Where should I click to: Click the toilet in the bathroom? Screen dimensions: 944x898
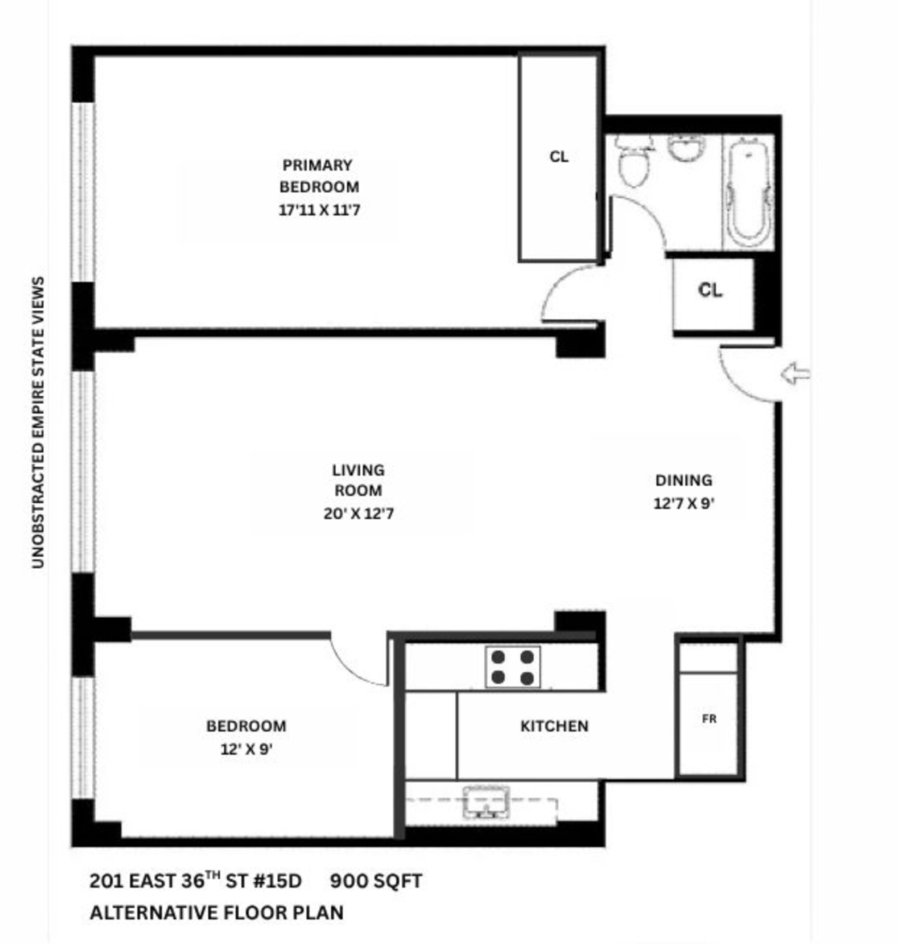tap(633, 163)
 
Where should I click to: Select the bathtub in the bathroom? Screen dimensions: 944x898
tap(748, 192)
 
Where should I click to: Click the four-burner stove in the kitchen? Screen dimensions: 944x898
tap(513, 667)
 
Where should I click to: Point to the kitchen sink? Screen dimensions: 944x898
tap(486, 803)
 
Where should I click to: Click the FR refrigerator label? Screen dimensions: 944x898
tap(709, 718)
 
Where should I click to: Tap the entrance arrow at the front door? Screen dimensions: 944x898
tap(795, 373)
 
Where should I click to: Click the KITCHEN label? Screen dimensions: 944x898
tap(554, 726)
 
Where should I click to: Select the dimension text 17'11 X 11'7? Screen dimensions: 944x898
tap(319, 210)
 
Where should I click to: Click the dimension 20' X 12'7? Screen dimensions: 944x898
tap(358, 514)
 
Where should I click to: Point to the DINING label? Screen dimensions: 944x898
tap(683, 480)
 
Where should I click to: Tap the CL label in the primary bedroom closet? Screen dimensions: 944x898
tap(558, 157)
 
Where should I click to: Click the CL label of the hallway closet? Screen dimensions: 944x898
tap(710, 290)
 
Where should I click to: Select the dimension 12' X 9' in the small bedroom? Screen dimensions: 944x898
tap(246, 750)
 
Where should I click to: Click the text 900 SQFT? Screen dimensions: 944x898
tap(375, 881)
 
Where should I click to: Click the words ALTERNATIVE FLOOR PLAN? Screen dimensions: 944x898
tap(217, 913)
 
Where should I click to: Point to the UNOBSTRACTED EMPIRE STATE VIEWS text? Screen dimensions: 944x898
tap(38, 422)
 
